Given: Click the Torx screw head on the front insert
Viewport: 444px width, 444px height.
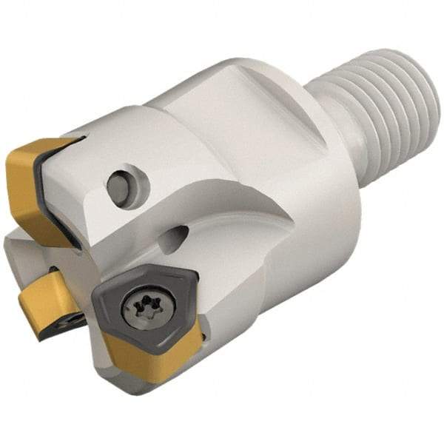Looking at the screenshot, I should (x=141, y=303).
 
